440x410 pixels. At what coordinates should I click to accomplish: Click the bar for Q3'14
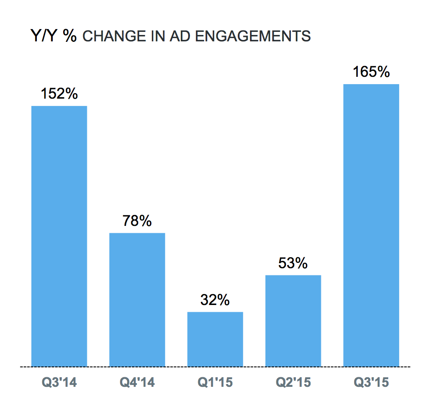(x=59, y=236)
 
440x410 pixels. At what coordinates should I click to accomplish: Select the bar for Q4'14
(x=137, y=300)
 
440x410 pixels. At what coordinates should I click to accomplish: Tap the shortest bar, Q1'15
(x=215, y=339)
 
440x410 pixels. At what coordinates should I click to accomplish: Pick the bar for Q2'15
(x=293, y=320)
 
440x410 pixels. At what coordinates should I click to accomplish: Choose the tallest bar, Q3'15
(x=371, y=225)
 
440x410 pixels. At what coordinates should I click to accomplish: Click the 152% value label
(x=59, y=94)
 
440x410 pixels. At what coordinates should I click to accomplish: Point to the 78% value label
(x=137, y=221)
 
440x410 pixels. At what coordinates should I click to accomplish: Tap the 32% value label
(x=215, y=300)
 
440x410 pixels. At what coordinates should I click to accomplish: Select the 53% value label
(x=293, y=263)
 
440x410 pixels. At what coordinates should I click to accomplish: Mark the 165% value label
(x=371, y=72)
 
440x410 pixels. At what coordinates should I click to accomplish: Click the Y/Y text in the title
(x=44, y=35)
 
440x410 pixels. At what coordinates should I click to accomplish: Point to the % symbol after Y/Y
(x=70, y=35)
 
